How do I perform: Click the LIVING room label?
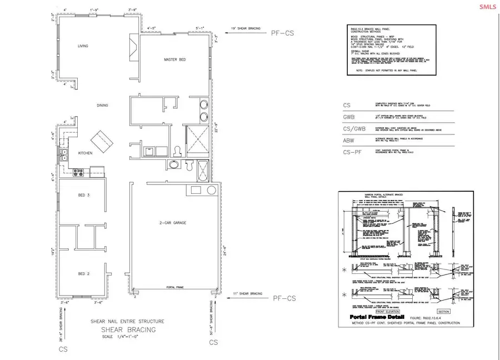pos(83,47)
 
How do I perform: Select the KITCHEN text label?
pos(86,153)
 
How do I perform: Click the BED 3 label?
pos(85,196)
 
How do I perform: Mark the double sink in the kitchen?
pos(64,154)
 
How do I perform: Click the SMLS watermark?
pos(488,6)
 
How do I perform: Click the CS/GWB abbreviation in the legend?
pos(353,129)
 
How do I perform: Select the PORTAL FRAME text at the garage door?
pos(175,287)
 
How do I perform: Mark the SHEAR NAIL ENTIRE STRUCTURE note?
pos(128,322)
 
